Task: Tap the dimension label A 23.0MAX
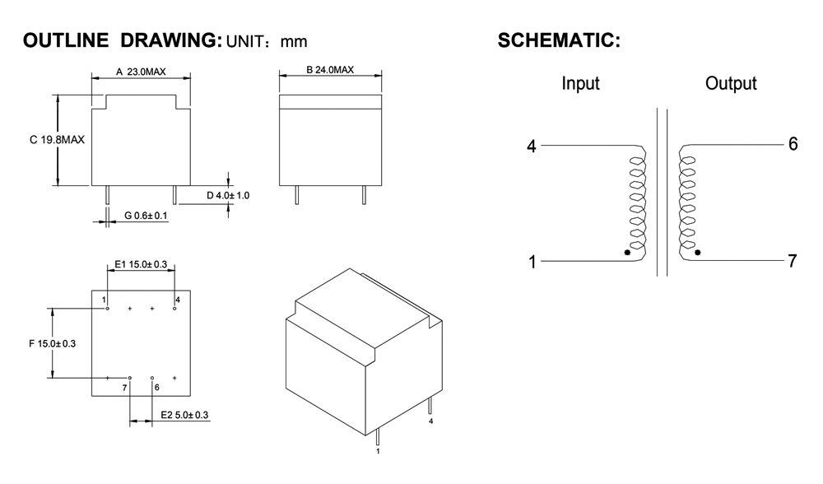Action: (x=141, y=72)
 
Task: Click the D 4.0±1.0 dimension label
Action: (x=228, y=195)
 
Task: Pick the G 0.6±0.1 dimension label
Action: (x=146, y=216)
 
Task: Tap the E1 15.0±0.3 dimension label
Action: (x=142, y=264)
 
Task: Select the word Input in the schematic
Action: (x=580, y=84)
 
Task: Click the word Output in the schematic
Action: (x=731, y=84)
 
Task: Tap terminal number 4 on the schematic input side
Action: (x=531, y=147)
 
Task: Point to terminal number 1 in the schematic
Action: (x=532, y=263)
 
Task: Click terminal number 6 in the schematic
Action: (x=793, y=144)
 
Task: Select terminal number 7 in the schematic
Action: (x=793, y=262)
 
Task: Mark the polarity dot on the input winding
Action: (x=628, y=254)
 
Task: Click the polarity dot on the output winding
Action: (x=698, y=253)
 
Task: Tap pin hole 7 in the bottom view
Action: (x=129, y=378)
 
